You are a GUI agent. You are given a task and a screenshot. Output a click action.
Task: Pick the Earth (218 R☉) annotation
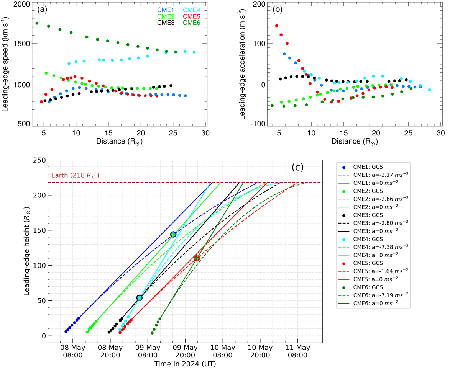[x=75, y=176]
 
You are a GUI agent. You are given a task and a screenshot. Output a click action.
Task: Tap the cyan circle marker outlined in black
[x=140, y=298]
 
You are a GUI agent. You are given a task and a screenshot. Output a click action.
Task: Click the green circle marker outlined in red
[x=197, y=258]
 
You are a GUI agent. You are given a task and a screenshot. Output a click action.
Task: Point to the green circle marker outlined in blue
[x=173, y=234]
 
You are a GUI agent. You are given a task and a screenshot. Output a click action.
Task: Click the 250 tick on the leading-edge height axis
[x=40, y=160]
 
